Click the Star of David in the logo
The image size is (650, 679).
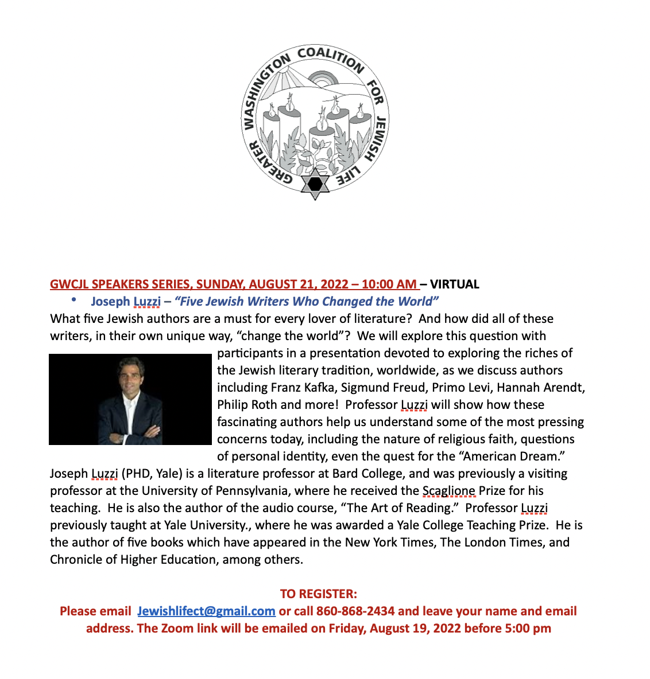[315, 184]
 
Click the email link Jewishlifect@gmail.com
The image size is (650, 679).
[206, 611]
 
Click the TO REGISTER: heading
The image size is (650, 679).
[319, 594]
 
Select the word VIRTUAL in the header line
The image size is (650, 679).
[455, 284]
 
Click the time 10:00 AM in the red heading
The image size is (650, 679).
[389, 284]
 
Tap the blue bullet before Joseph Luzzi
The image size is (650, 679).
[73, 301]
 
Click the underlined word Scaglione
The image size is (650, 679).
[449, 491]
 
